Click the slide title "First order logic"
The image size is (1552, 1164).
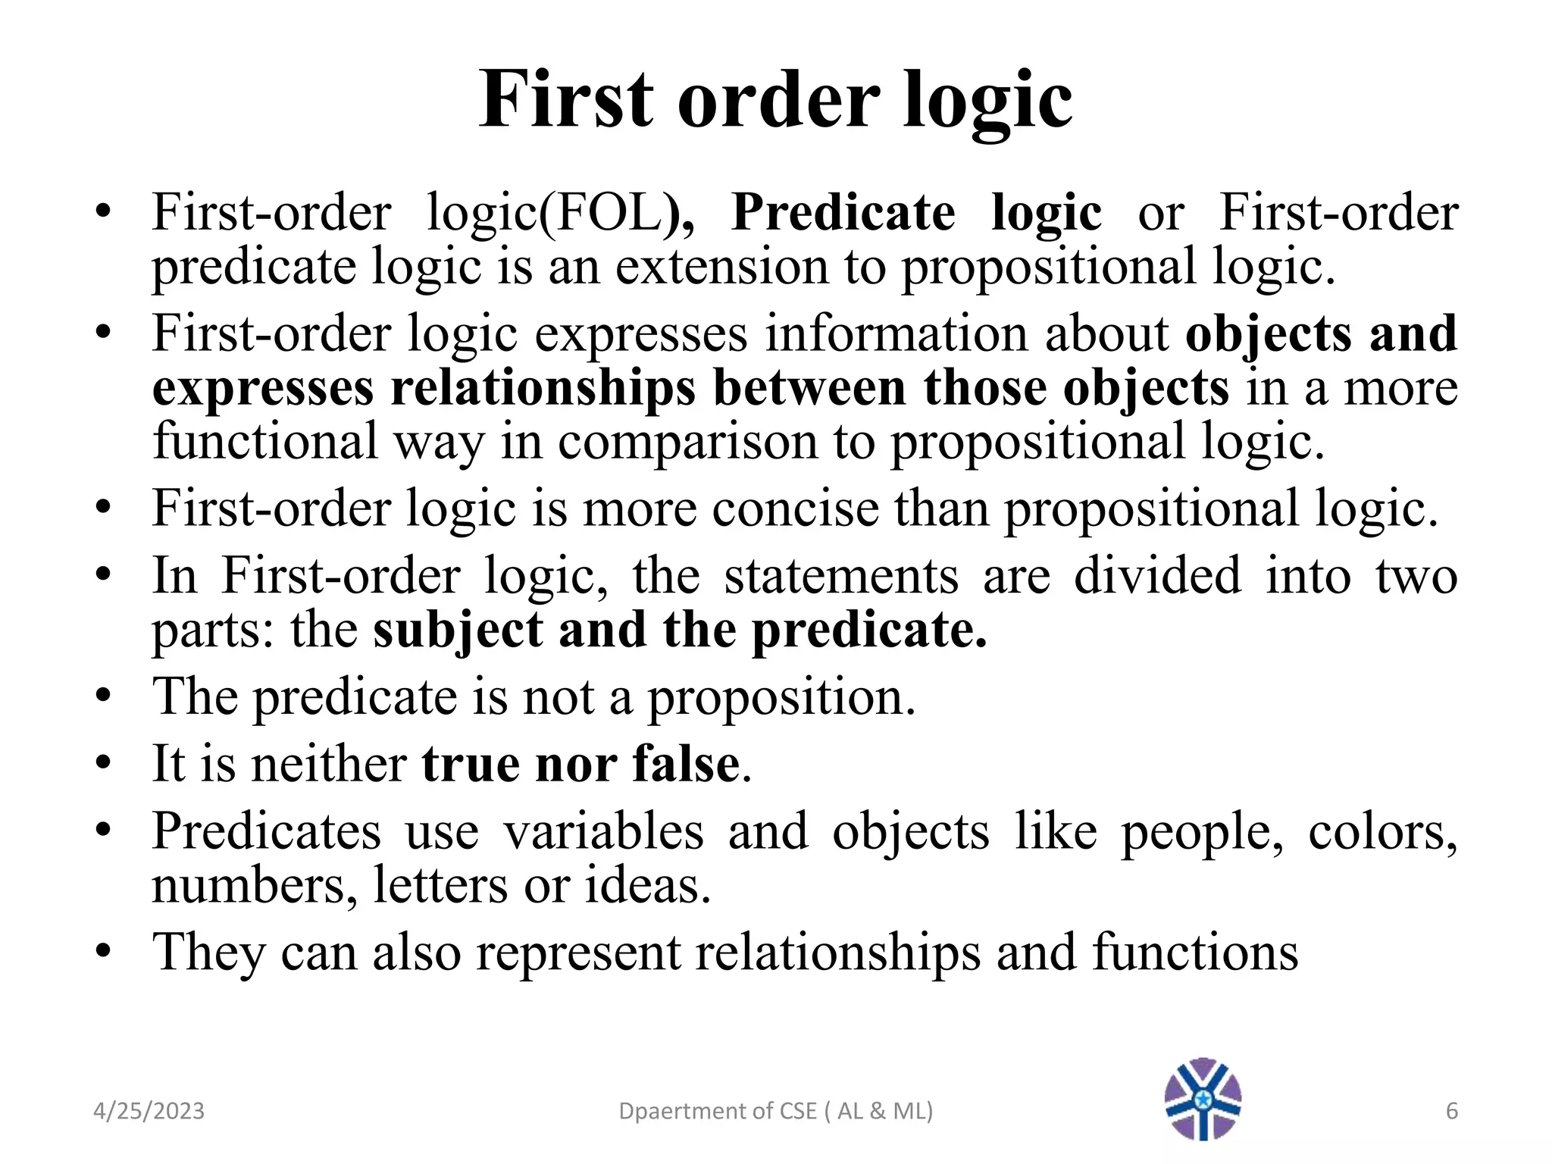click(775, 100)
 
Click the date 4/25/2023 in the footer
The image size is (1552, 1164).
click(149, 1111)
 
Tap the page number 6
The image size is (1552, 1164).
click(1451, 1111)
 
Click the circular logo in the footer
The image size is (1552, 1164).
click(1203, 1099)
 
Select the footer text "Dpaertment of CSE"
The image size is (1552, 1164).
click(717, 1111)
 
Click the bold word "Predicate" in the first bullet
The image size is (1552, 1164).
click(843, 212)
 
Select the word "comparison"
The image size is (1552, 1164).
click(688, 442)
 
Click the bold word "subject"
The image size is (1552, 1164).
click(458, 630)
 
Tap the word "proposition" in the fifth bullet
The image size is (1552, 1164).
click(781, 696)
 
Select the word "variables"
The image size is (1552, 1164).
click(604, 831)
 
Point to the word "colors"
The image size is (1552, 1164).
click(1382, 831)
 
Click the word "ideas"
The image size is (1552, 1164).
click(647, 885)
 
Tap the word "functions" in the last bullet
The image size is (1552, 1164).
click(1195, 952)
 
